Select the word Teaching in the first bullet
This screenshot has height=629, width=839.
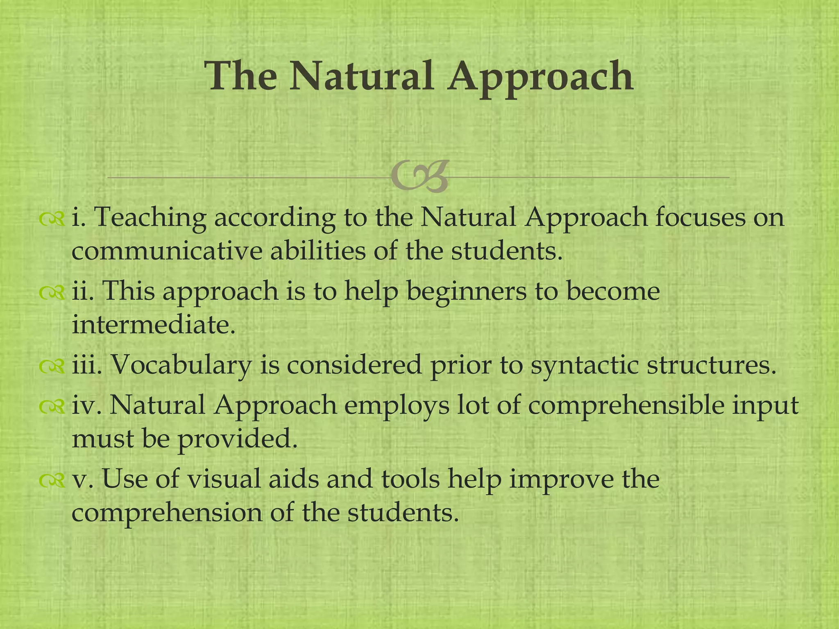[150, 218]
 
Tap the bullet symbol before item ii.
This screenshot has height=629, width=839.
[52, 292]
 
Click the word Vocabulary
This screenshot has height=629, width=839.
[181, 364]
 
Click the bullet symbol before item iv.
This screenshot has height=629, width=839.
[52, 407]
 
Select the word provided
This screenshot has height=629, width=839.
[237, 439]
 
